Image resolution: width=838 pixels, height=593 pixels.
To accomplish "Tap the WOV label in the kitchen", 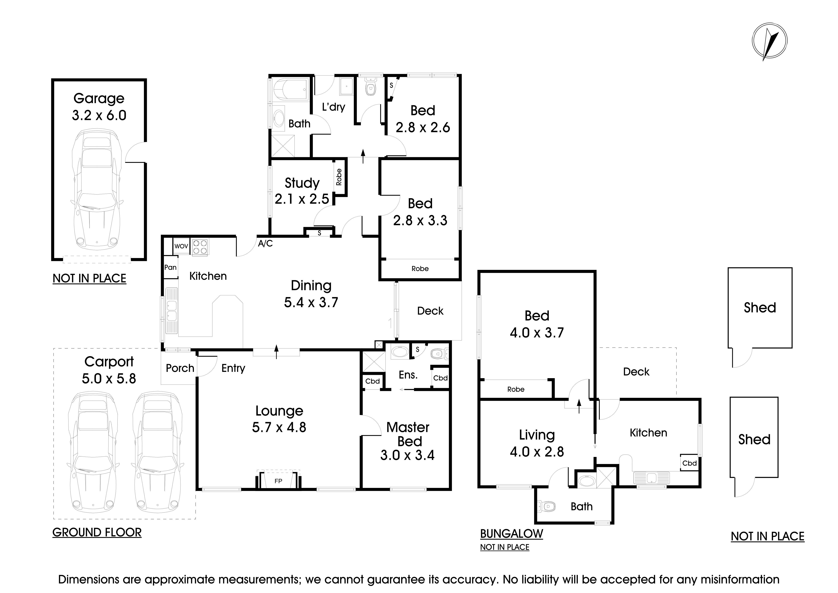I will (181, 246).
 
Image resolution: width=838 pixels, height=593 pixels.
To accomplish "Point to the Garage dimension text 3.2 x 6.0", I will (99, 115).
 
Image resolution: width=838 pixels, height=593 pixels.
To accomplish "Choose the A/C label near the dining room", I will (265, 244).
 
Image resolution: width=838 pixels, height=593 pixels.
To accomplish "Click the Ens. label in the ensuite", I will (408, 375).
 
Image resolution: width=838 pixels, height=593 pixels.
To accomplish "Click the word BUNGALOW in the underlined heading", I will (511, 534).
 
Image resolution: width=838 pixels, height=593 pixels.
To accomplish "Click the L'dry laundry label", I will (333, 107).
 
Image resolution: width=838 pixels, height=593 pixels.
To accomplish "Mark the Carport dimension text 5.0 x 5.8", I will (109, 379).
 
